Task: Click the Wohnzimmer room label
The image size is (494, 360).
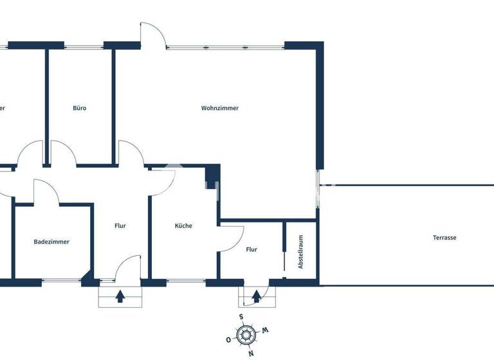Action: click(x=220, y=108)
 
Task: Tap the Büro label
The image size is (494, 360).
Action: click(x=79, y=108)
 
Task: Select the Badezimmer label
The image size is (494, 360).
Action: click(x=51, y=242)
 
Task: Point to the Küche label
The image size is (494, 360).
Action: click(x=183, y=226)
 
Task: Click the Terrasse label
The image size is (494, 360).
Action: click(x=444, y=237)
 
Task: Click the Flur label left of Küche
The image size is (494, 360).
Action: click(x=120, y=226)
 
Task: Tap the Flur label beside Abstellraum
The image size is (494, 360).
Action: click(x=252, y=249)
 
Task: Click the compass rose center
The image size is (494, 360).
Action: click(x=246, y=334)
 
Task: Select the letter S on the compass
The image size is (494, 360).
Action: click(x=241, y=316)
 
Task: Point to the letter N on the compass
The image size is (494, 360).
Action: click(x=251, y=353)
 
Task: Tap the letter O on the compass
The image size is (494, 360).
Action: click(x=228, y=339)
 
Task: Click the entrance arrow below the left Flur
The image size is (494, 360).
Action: click(x=120, y=296)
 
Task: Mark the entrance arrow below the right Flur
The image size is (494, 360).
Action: click(x=256, y=296)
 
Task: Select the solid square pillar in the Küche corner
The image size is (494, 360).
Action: click(x=212, y=174)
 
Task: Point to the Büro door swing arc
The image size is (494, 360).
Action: click(x=64, y=153)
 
